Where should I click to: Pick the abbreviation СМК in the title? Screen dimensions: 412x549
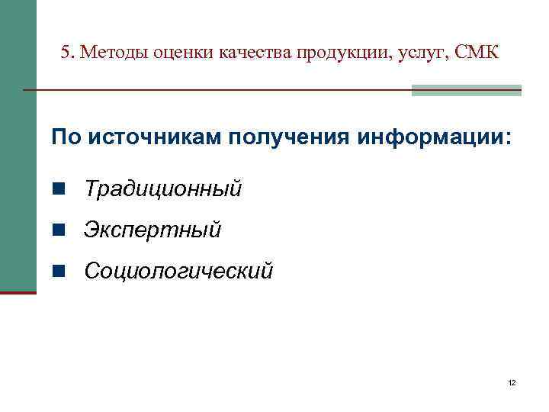click(x=476, y=53)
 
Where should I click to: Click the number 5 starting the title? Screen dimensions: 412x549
click(x=66, y=53)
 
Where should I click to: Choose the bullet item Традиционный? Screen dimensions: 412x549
click(x=163, y=188)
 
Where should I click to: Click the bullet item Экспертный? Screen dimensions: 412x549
click(x=152, y=229)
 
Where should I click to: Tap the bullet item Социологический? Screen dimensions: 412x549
click(x=178, y=270)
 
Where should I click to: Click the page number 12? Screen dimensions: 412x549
click(x=512, y=381)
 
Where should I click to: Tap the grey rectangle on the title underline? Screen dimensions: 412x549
click(x=466, y=90)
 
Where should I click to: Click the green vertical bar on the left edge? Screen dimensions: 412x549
click(x=18, y=145)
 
